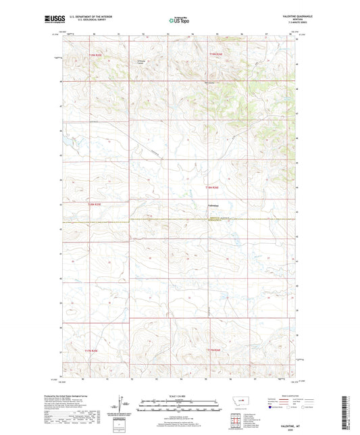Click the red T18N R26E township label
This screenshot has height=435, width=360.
coord(213,186)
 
